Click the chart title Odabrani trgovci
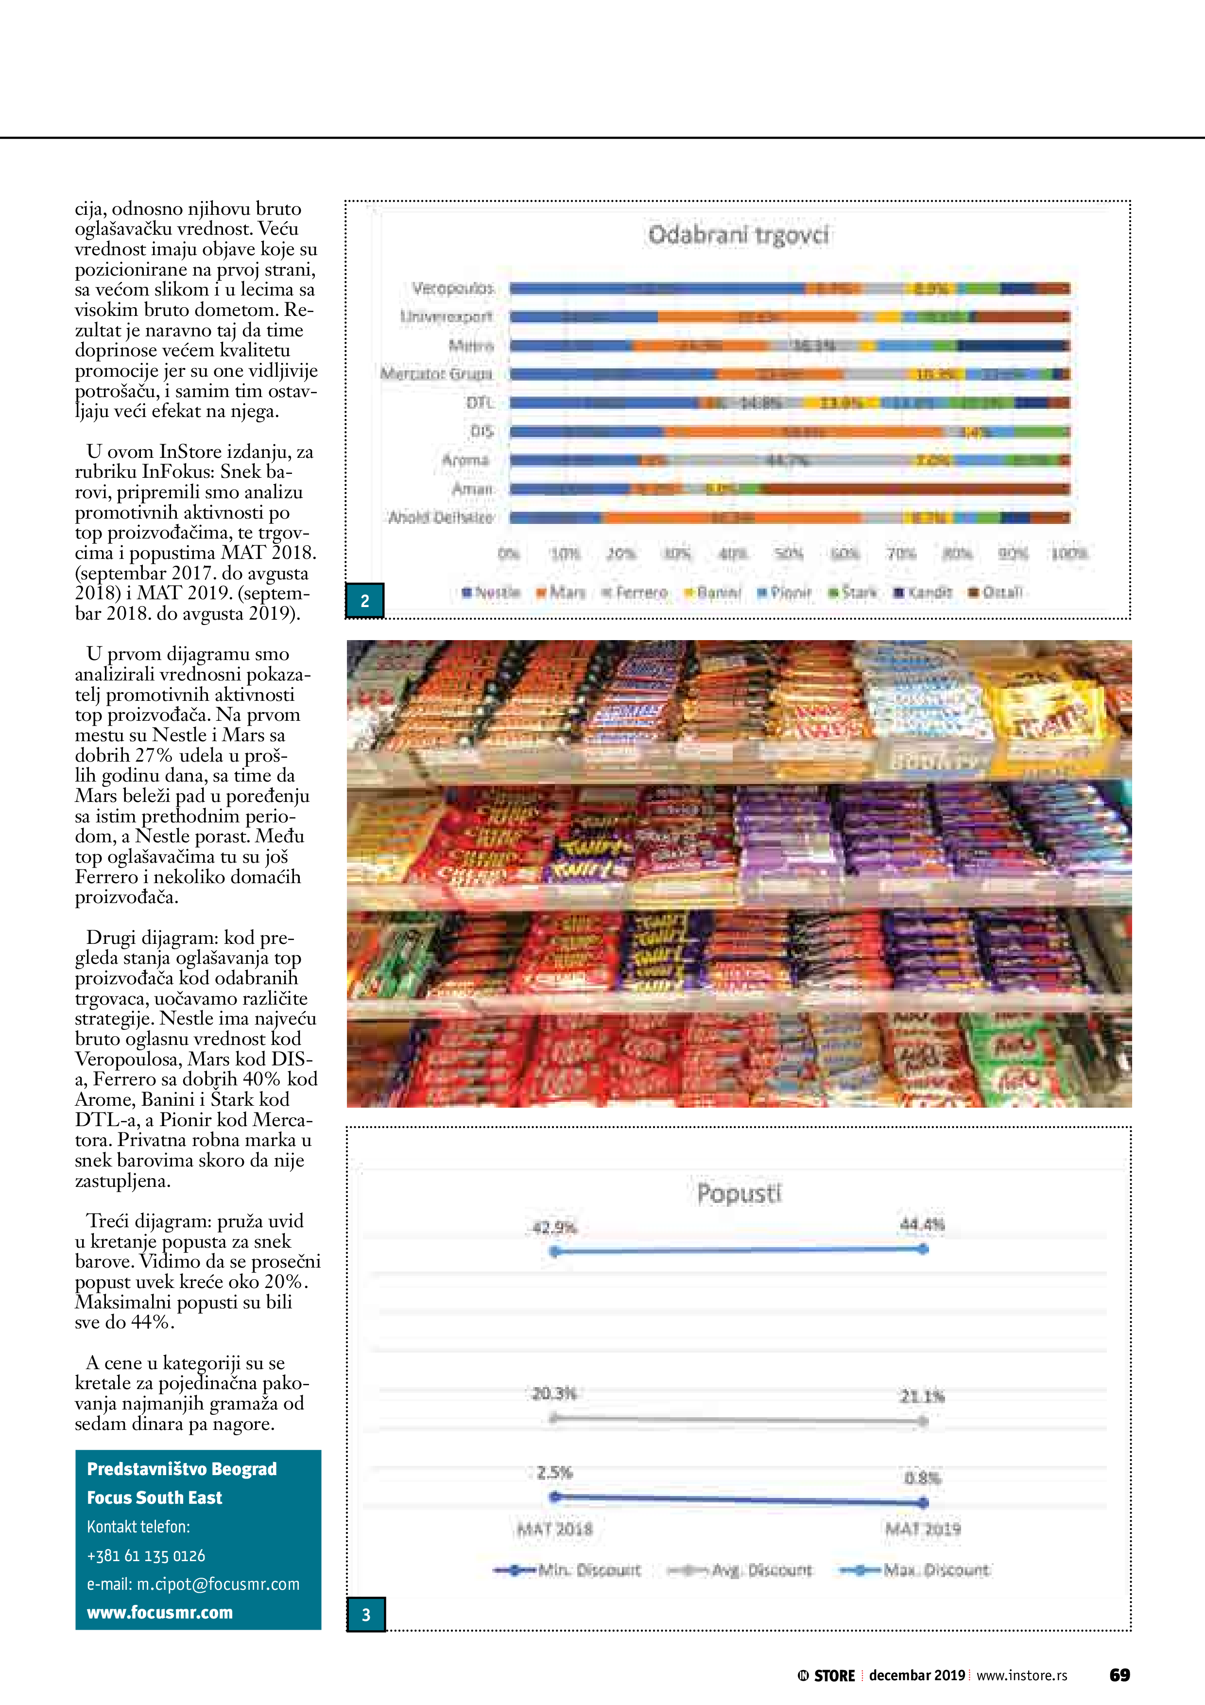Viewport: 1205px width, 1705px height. (x=738, y=235)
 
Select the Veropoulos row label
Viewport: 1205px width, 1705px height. (x=453, y=288)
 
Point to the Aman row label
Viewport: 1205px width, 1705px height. (x=472, y=488)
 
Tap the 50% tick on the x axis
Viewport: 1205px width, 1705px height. (x=789, y=553)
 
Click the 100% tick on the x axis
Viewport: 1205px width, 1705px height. (x=1068, y=553)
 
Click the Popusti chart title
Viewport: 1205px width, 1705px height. (x=739, y=1193)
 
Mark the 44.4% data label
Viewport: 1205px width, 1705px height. (x=922, y=1224)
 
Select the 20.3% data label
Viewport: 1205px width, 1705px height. (x=554, y=1393)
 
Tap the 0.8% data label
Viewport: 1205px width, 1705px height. (x=922, y=1478)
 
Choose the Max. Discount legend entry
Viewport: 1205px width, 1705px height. (x=915, y=1570)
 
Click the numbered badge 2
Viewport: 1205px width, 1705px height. (x=364, y=601)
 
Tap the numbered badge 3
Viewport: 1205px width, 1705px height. (x=366, y=1615)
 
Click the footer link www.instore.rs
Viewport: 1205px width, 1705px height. (x=1022, y=1675)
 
